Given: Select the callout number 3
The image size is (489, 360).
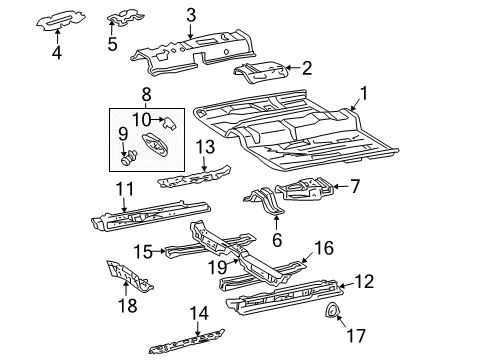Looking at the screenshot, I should (x=190, y=14).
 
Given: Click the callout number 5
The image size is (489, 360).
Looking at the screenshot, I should (x=111, y=44).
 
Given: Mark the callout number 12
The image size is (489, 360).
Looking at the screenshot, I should (x=366, y=282).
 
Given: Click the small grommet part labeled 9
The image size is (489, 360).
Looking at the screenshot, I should (x=129, y=157).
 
